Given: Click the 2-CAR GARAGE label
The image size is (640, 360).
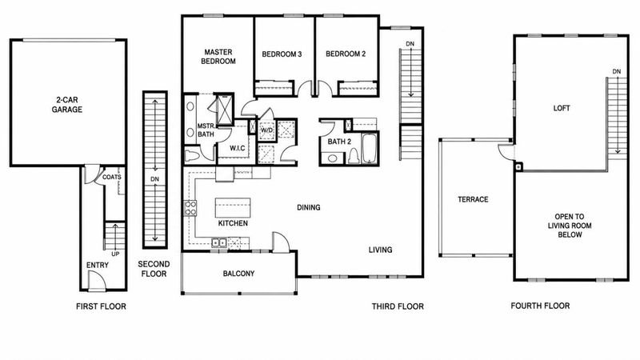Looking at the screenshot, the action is [x=67, y=105].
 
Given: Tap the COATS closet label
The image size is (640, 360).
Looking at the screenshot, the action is [x=112, y=177].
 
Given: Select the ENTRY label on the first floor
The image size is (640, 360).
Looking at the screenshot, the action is [x=98, y=266].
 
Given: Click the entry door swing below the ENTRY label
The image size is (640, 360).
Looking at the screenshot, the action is [x=97, y=281].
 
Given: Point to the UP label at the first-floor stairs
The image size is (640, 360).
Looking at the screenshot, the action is [x=115, y=254].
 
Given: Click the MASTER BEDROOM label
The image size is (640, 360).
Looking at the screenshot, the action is [x=218, y=57].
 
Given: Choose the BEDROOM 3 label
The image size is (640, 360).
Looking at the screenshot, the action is [x=282, y=54].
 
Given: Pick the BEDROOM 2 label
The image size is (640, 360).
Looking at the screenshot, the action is [x=346, y=54].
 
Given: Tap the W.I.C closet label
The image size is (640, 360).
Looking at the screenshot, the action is [x=237, y=148].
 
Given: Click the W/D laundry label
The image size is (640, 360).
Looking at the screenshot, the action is [x=266, y=130].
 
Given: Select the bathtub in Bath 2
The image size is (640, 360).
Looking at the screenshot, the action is [x=370, y=149].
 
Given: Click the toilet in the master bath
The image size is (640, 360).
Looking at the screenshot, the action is [x=191, y=156].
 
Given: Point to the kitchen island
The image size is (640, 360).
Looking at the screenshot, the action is [x=233, y=208].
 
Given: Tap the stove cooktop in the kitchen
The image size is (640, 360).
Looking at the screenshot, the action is [x=190, y=208].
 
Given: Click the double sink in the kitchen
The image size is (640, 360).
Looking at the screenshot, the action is [x=219, y=243].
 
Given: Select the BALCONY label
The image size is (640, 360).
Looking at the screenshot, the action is [x=238, y=274].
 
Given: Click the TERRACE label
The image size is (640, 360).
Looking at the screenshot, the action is [x=473, y=199].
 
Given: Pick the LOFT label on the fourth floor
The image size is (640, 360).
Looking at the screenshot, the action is [x=562, y=108].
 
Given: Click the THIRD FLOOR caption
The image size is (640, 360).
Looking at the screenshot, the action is [x=398, y=306].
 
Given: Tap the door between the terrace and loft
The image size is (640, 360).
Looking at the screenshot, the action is [x=506, y=151].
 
